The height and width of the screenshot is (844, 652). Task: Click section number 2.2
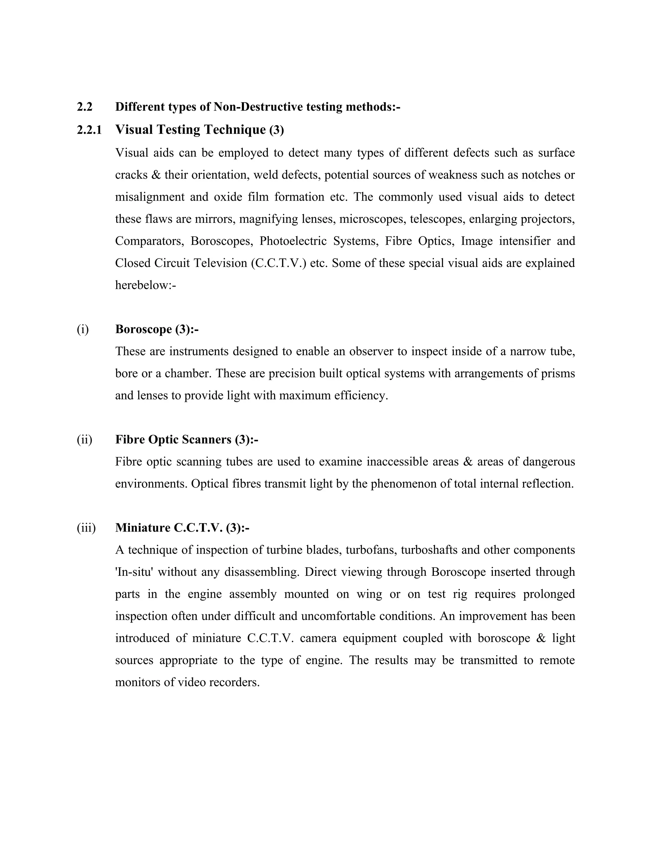tap(85, 107)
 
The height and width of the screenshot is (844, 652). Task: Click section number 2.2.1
tap(89, 130)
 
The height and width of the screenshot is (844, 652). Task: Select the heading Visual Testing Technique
tap(190, 129)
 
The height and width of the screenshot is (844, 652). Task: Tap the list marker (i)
tap(83, 329)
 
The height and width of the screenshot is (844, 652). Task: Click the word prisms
tap(558, 374)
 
